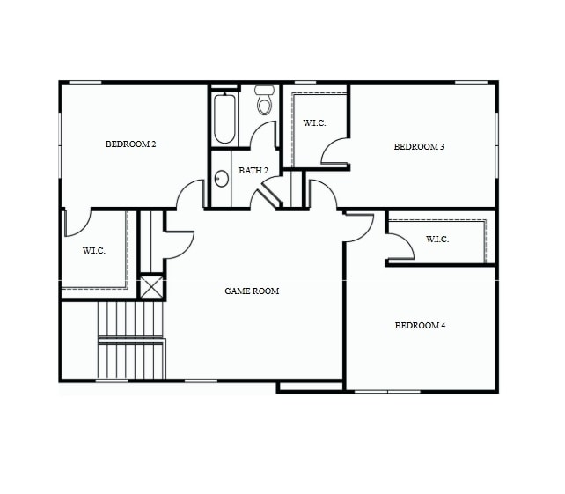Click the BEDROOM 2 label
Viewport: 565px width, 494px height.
click(x=130, y=144)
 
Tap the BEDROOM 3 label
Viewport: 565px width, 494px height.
click(x=418, y=147)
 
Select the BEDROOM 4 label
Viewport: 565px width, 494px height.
click(x=420, y=326)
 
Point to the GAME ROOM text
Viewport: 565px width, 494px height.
click(x=252, y=291)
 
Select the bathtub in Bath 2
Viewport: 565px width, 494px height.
click(x=225, y=119)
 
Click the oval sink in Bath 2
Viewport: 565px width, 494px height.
click(x=222, y=179)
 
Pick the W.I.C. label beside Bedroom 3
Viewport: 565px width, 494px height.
click(x=314, y=123)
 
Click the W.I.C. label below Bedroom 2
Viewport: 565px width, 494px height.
click(x=94, y=251)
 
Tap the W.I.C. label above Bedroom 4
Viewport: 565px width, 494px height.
click(x=437, y=240)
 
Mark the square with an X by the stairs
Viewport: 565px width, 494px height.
click(x=151, y=287)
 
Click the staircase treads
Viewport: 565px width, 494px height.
click(x=131, y=339)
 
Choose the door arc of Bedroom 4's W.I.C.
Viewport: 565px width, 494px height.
click(x=400, y=247)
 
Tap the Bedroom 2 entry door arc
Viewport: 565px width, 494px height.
click(x=190, y=195)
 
